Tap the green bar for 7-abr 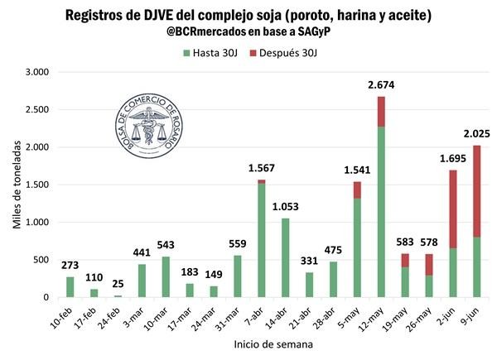tap(262, 240)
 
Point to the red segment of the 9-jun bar tap(477, 191)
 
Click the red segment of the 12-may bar tap(381, 111)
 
